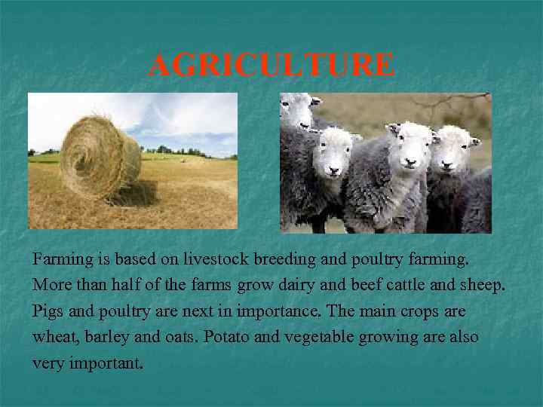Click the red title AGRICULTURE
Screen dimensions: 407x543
pos(271,66)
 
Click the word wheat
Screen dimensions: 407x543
pos(52,337)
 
